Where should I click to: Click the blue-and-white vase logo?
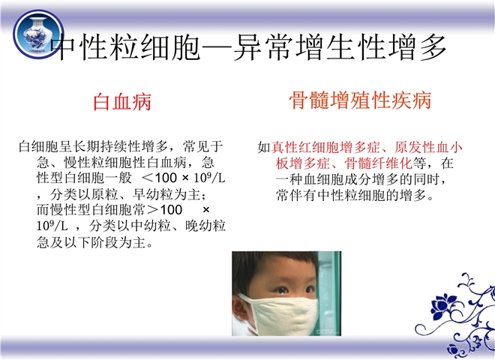tap(38, 34)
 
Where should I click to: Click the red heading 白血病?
tap(122, 102)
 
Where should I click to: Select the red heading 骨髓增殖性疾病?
tap(360, 100)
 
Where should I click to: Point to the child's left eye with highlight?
tap(282, 290)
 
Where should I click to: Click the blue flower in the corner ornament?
tap(442, 304)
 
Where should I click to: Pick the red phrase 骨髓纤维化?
tap(378, 163)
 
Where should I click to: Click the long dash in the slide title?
tap(217, 48)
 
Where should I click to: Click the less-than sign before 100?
tap(148, 178)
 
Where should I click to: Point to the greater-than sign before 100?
tap(153, 210)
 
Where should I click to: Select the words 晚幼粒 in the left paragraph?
tap(205, 226)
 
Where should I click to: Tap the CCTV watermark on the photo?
tap(327, 332)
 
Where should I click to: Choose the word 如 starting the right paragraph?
tap(264, 147)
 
